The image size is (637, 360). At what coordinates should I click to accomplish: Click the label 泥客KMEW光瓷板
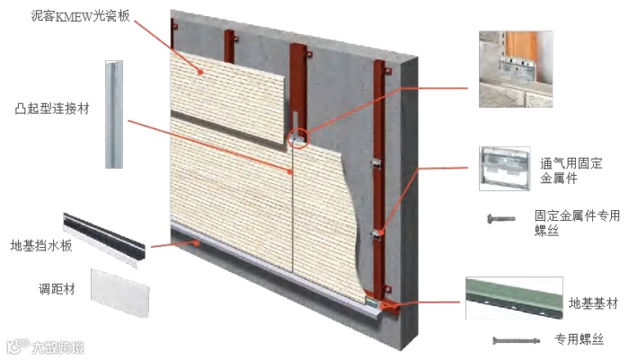coord(81,16)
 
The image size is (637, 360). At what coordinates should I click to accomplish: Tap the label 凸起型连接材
coord(51,109)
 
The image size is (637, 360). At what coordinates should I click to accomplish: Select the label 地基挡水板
coord(41,246)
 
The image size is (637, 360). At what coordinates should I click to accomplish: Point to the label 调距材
coord(57,289)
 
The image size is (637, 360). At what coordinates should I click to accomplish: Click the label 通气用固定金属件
coord(571,171)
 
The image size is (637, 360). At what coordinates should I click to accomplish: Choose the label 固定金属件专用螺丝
coord(577,223)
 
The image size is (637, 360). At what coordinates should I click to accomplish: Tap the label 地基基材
coord(593,303)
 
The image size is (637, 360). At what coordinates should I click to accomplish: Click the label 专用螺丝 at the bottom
coord(579,338)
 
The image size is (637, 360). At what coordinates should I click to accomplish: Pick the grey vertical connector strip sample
coord(114,114)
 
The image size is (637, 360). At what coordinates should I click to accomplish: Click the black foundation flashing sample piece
coord(104,240)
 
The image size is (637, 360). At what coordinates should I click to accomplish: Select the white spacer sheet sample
coord(120,293)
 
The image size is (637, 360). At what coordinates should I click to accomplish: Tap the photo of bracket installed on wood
coord(516,69)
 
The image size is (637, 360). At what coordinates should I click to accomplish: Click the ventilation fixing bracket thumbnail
coord(505,169)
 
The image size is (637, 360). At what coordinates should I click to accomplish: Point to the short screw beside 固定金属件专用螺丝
coord(501,219)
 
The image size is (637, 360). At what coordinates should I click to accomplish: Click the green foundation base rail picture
coord(514,298)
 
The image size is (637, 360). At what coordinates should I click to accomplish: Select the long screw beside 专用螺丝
coord(516,340)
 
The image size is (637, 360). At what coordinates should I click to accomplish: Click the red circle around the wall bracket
coord(299,138)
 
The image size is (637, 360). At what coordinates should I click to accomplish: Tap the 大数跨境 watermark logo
coord(46,347)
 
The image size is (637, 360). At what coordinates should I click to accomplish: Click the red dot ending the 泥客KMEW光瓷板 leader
coord(200,72)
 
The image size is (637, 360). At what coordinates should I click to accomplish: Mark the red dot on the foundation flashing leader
coord(197,243)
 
